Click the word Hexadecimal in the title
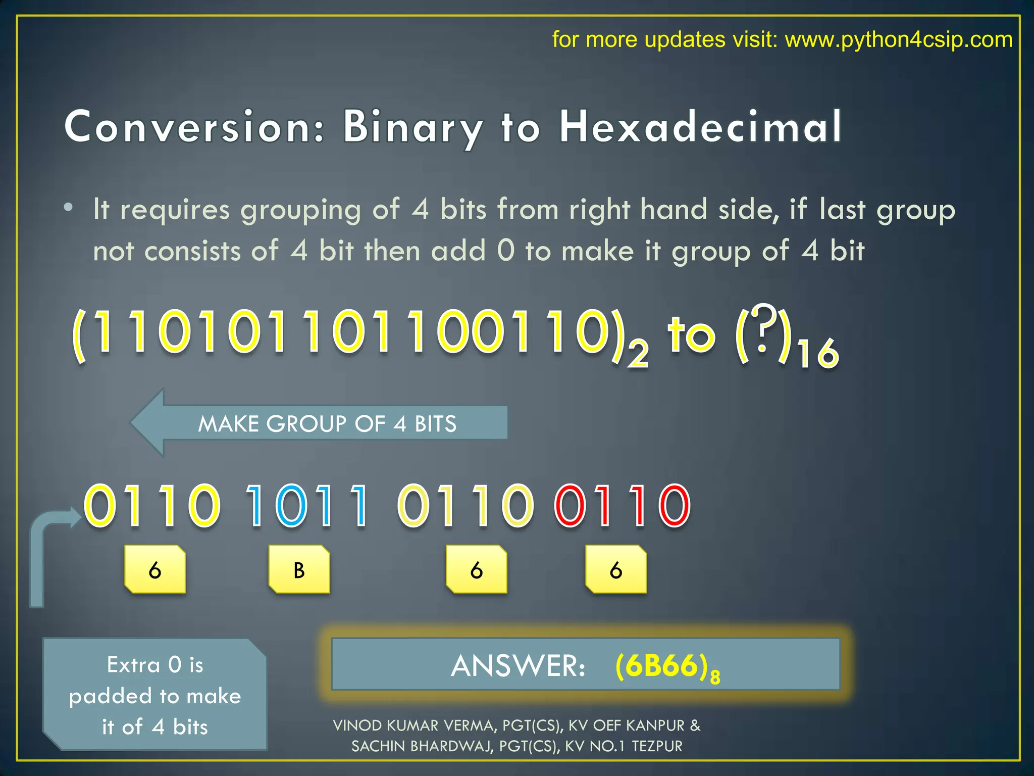700,127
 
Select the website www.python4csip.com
898,39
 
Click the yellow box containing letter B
299,569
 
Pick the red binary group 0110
622,505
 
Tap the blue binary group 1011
307,505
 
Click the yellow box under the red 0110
615,569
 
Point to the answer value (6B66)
666,666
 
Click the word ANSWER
518,666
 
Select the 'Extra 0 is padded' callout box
154,695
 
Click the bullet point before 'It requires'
69,208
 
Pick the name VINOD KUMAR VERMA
415,725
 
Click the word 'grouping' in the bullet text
300,210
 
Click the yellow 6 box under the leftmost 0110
154,569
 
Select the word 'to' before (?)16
691,334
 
